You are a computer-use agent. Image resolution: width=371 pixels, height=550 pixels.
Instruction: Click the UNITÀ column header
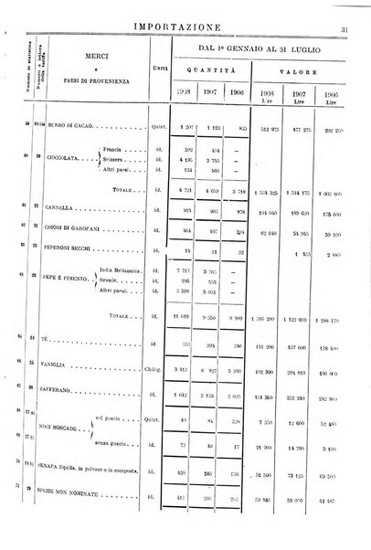click(x=159, y=63)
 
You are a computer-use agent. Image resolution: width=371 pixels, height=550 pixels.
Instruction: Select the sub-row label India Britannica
click(x=122, y=271)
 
